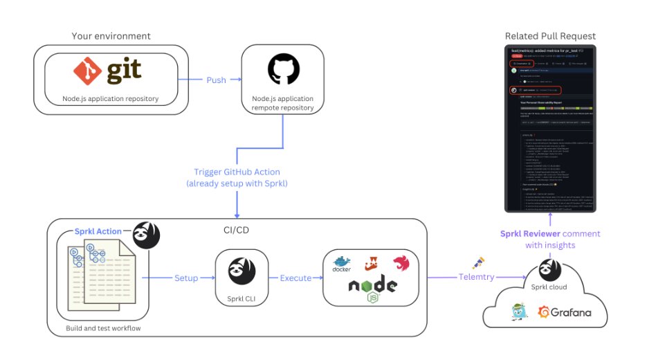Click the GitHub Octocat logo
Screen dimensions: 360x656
tap(282, 70)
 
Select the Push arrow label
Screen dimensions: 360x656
tap(216, 80)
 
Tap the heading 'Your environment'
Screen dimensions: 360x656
tap(111, 36)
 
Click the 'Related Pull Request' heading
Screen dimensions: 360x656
tap(550, 36)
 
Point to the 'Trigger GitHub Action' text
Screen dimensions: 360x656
tap(237, 172)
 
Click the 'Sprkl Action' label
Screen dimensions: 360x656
tap(98, 231)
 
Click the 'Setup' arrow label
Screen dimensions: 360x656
tap(185, 278)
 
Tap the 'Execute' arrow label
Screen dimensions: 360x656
tap(295, 278)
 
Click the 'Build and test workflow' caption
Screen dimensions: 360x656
tap(103, 327)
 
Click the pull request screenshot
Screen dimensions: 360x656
tap(550, 128)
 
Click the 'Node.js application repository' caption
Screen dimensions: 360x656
tap(111, 98)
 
